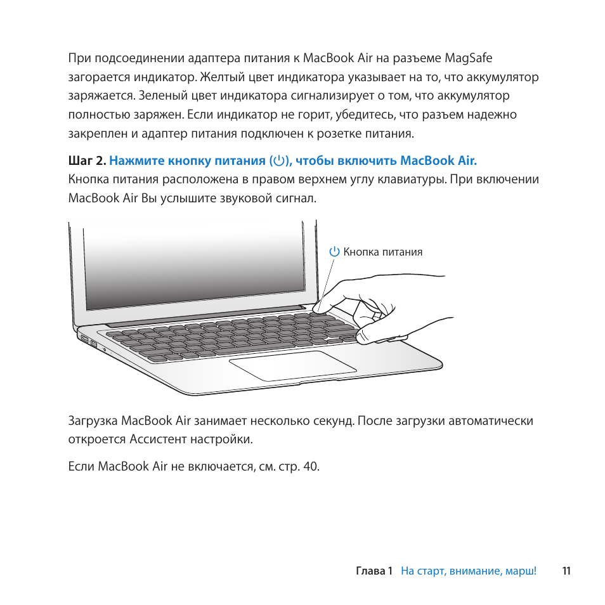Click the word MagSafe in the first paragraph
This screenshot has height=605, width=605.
[x=468, y=58]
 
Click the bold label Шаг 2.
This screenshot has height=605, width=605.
[x=87, y=160]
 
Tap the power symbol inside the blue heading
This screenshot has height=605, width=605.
[x=279, y=160]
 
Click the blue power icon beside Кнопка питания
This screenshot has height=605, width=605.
[x=335, y=252]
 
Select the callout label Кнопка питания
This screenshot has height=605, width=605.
[x=383, y=252]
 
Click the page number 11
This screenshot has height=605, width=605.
[x=566, y=571]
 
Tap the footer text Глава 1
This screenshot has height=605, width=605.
[x=374, y=571]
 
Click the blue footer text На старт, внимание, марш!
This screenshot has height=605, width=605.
[x=468, y=571]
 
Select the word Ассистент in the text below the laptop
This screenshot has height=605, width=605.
[x=156, y=439]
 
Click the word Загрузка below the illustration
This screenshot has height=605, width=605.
[x=93, y=420]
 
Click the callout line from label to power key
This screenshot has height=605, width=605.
[x=328, y=279]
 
